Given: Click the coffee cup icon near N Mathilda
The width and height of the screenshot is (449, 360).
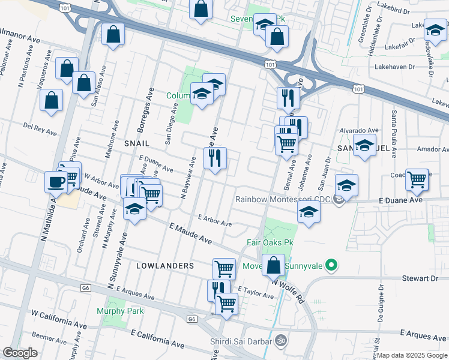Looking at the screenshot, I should coord(56,181).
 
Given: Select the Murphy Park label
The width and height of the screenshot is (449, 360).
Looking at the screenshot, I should coord(120,311).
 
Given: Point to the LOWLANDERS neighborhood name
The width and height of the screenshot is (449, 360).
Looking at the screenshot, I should coord(165,265).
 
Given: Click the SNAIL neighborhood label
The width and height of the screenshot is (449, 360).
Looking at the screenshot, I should coord(136,144).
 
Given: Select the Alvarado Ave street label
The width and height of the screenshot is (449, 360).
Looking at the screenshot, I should coord(359,130).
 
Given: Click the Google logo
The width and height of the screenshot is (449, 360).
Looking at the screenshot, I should coord(20,353).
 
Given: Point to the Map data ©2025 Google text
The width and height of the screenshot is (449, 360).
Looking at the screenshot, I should coord(412,355).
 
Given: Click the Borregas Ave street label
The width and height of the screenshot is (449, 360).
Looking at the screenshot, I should coord(143,115).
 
